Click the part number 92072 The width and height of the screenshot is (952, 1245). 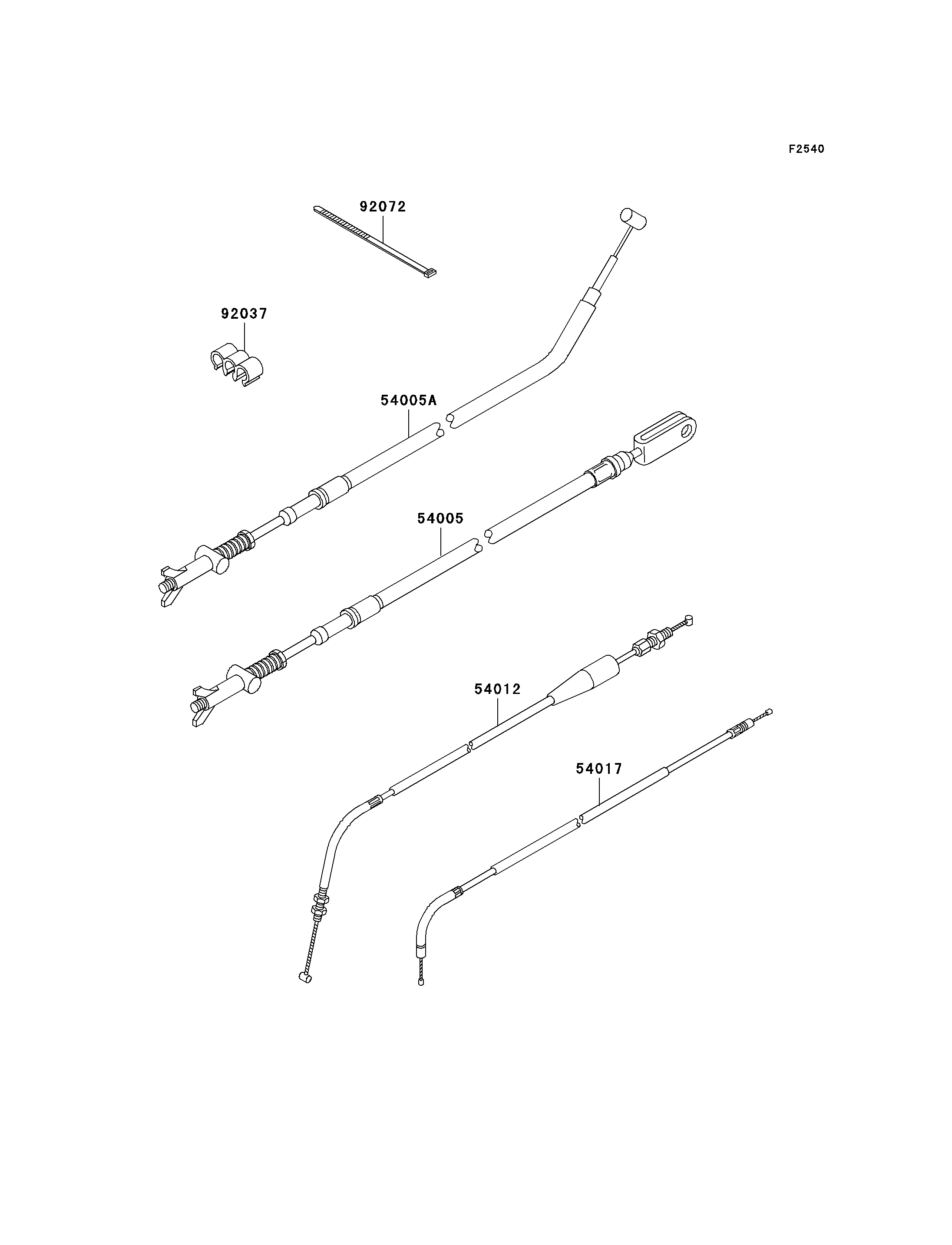click(x=383, y=207)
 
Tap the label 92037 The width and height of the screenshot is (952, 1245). click(x=244, y=314)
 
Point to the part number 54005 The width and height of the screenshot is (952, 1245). click(x=440, y=518)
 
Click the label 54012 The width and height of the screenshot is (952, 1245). click(x=497, y=689)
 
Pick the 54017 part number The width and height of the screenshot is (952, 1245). click(x=599, y=769)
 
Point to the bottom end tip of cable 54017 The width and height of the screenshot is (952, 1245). click(x=421, y=982)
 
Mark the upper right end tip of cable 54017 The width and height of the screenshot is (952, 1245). click(x=768, y=711)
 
